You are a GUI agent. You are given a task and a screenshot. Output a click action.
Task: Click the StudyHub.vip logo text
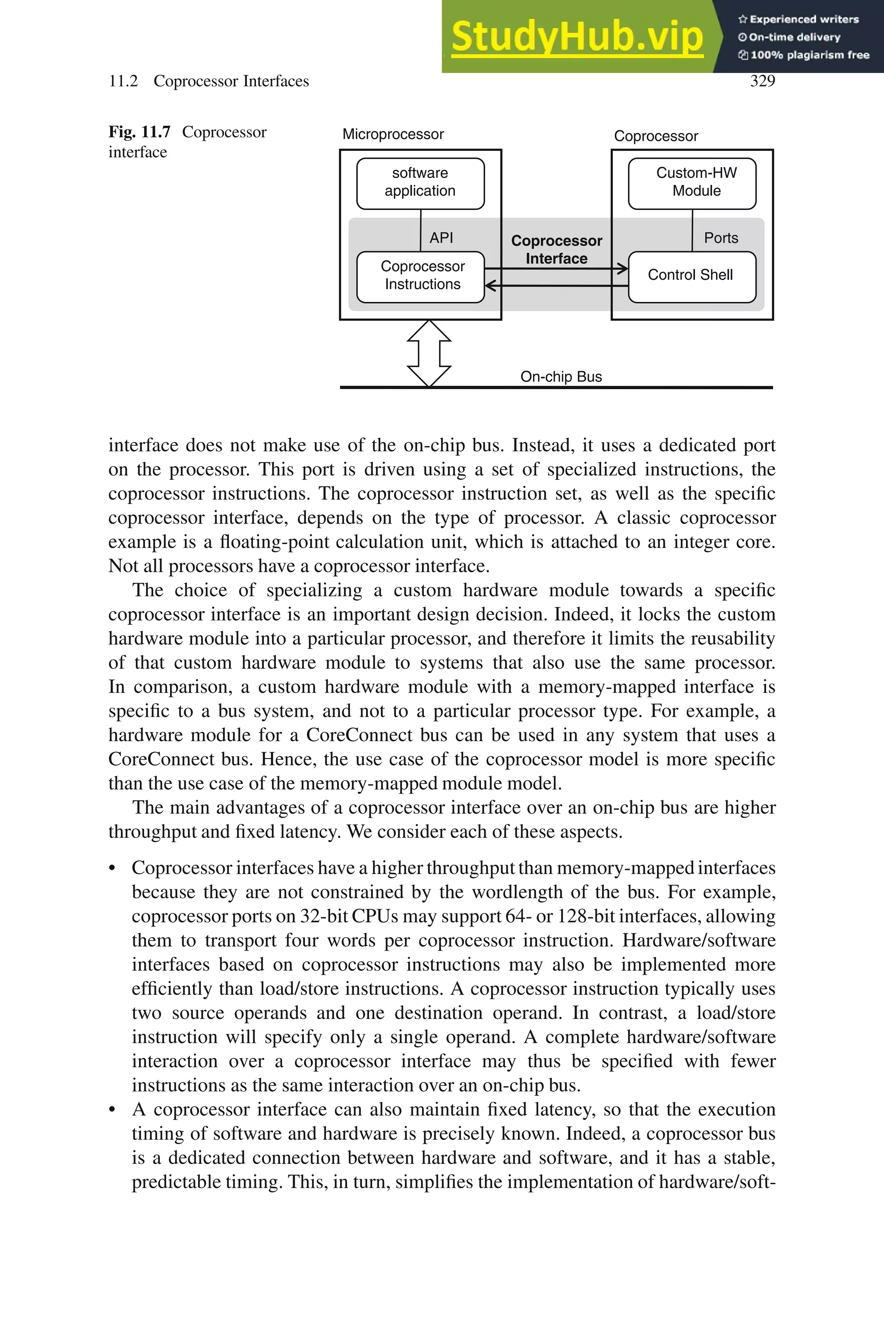point(577,37)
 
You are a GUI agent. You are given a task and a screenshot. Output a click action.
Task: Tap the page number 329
point(762,81)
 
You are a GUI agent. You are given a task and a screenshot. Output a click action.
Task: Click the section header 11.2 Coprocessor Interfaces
point(208,81)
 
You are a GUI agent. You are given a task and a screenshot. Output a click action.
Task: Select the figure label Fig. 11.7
point(139,132)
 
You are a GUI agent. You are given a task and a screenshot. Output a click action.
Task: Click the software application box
point(420,182)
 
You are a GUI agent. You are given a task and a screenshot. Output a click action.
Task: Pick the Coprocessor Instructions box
point(422,276)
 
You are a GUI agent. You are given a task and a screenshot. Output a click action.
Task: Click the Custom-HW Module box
point(692,182)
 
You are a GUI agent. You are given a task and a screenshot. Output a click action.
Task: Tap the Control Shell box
point(691,276)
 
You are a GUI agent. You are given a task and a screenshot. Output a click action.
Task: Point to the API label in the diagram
point(441,238)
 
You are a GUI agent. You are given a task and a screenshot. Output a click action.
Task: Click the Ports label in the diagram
point(720,238)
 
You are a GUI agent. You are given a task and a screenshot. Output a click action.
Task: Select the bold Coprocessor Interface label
point(556,249)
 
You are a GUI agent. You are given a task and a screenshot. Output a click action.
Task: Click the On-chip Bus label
point(561,377)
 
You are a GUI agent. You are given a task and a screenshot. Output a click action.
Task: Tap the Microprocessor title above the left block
point(393,134)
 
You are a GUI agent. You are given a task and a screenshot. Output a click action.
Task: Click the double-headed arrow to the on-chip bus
point(429,354)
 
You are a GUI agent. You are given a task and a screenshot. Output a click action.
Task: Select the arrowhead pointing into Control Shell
point(622,269)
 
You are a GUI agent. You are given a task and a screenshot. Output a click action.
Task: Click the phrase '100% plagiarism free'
point(810,55)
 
